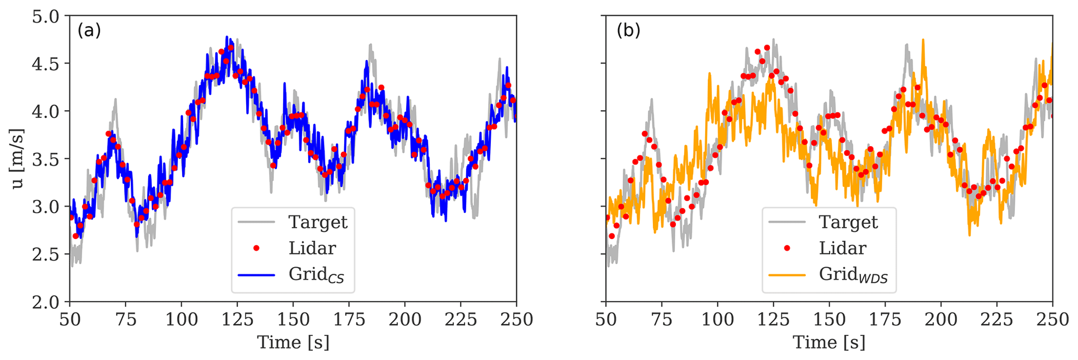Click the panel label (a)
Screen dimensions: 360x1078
click(x=89, y=31)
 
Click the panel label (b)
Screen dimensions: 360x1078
click(x=628, y=31)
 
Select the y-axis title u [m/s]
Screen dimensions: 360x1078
click(x=17, y=159)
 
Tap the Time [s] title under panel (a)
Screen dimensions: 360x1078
click(x=293, y=343)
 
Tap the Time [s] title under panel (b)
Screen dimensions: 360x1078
click(x=829, y=343)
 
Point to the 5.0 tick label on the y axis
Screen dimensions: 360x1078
click(x=47, y=16)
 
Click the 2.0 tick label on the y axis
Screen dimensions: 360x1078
click(x=47, y=302)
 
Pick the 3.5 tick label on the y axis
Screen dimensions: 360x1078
click(x=47, y=159)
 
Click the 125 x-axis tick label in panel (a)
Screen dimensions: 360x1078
click(x=237, y=319)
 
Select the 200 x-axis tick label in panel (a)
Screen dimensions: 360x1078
click(x=405, y=319)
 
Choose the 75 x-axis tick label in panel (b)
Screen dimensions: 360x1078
click(x=662, y=319)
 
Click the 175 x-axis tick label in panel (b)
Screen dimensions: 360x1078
click(x=885, y=319)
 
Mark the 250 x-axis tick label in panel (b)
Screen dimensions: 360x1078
click(x=1052, y=319)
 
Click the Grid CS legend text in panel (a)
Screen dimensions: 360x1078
click(x=316, y=274)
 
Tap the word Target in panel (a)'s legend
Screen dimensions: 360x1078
click(x=318, y=222)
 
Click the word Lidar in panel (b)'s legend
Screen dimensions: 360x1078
click(x=842, y=248)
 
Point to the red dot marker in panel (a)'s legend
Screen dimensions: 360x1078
click(x=256, y=248)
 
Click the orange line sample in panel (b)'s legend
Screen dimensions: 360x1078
click(x=787, y=274)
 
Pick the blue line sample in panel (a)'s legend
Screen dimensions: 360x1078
click(x=256, y=274)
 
